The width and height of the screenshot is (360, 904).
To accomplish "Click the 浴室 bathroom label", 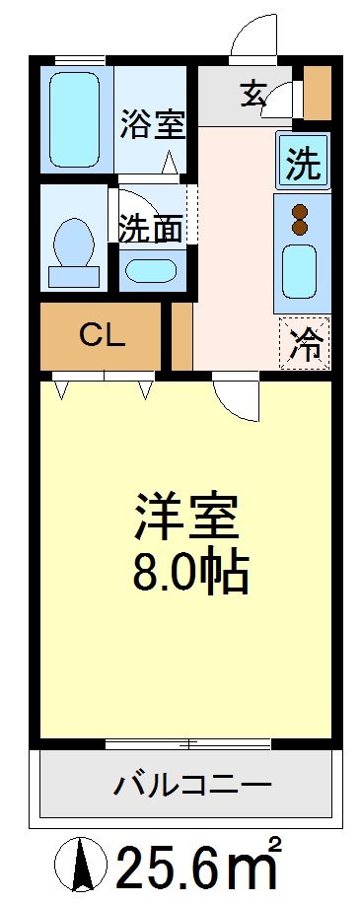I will click(x=153, y=126).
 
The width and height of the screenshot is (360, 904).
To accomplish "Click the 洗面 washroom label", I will click(x=150, y=228).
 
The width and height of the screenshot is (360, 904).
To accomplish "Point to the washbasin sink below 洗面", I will click(x=151, y=269).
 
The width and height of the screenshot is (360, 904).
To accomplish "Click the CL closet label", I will click(x=102, y=336).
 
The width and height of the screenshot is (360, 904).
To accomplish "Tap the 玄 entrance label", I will click(x=252, y=95).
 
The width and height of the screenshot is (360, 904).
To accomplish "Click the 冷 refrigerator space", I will click(x=305, y=345).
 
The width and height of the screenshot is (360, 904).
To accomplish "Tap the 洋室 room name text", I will click(x=187, y=518).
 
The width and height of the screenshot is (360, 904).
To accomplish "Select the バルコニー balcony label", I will click(x=191, y=786).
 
